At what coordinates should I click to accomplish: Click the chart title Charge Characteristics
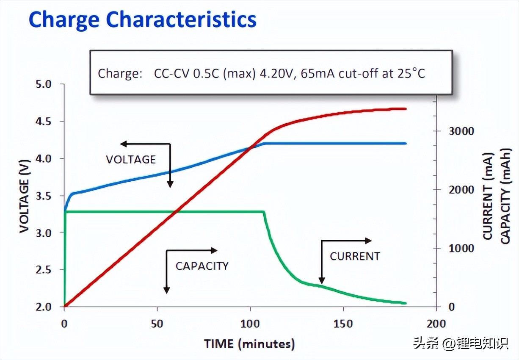coord(142,20)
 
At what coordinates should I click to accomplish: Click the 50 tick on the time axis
coord(157,324)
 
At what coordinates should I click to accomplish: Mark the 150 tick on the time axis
coord(343,324)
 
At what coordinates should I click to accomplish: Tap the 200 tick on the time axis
coord(436,324)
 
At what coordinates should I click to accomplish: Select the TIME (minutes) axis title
coord(249,343)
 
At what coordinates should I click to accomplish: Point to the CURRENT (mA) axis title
coord(489,196)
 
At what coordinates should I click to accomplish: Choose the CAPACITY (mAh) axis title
coord(505,196)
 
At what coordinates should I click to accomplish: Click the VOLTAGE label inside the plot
coord(131,160)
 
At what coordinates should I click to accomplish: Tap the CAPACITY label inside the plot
coord(202,266)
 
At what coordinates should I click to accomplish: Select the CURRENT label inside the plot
coord(355,256)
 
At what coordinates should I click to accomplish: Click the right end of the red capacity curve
coord(405,109)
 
